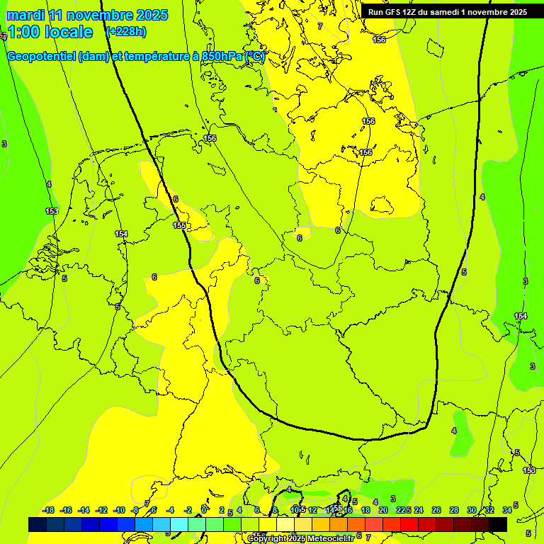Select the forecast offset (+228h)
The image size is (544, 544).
126,31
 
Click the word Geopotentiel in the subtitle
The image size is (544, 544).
42,57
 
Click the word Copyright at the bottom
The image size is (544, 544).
268,539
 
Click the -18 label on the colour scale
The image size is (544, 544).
49,510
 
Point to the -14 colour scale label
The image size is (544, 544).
84,510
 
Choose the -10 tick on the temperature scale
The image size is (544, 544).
119,510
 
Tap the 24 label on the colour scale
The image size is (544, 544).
419,510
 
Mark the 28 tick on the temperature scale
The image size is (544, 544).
454,510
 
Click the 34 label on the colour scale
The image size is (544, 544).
507,510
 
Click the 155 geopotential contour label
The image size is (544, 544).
179,226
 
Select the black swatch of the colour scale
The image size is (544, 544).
498,524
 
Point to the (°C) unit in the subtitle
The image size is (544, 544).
254,57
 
